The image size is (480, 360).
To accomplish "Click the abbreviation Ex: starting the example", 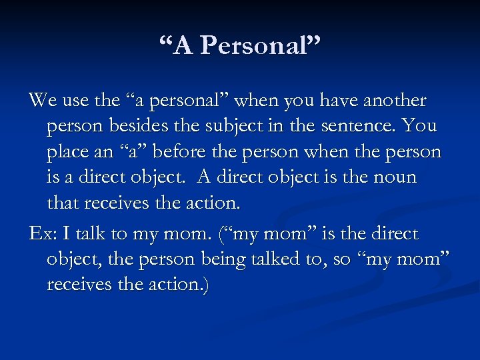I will coord(41,234).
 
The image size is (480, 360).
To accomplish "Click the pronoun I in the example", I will coord(65,234).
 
